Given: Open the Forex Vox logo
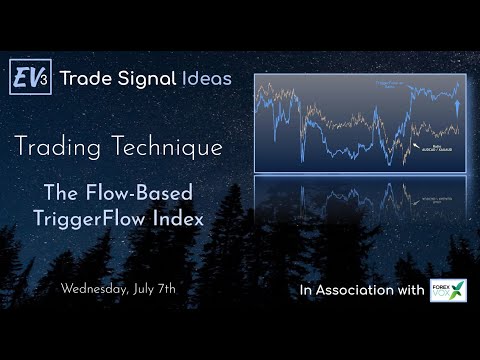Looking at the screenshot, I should pyautogui.click(x=447, y=291).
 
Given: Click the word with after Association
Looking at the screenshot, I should pyautogui.click(x=411, y=291).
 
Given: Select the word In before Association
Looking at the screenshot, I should pyautogui.click(x=306, y=291).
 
